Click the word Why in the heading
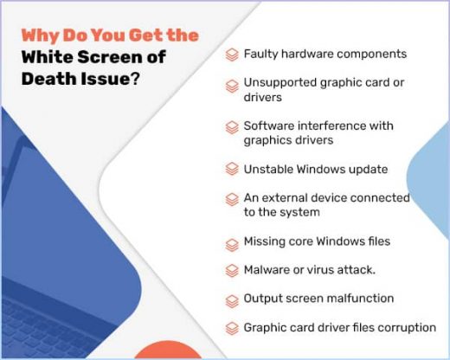point(40,36)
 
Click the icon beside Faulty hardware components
point(232,55)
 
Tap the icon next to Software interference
point(232,126)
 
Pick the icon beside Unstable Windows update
point(232,169)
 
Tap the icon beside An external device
point(232,198)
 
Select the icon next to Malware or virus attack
point(232,271)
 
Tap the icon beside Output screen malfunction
point(232,299)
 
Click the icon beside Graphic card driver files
point(232,328)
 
